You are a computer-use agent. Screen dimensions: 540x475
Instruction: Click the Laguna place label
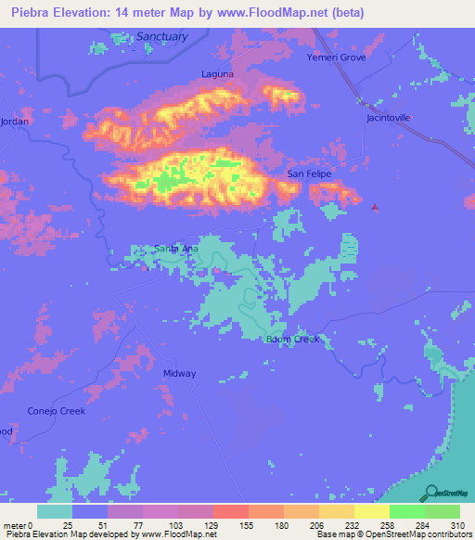tap(217, 73)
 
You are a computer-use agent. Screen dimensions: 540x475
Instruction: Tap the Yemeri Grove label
tap(337, 58)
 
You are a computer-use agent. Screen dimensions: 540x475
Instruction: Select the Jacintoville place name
tap(388, 118)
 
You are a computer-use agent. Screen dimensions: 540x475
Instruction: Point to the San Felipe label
tap(308, 174)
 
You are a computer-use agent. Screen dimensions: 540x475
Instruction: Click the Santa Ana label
tap(175, 249)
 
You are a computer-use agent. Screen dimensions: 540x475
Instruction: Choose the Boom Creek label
tap(292, 339)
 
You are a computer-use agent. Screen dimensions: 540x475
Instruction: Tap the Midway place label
tap(180, 374)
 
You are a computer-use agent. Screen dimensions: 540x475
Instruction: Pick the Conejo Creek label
tap(56, 411)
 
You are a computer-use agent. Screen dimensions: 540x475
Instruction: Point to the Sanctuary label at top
tap(161, 36)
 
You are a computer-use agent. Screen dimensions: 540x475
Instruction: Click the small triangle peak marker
tap(375, 207)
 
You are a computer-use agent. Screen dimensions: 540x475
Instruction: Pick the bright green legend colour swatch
tap(406, 511)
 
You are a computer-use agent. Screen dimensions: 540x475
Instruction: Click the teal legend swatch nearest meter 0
tap(55, 511)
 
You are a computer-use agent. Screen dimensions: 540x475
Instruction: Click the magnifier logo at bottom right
tap(430, 493)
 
